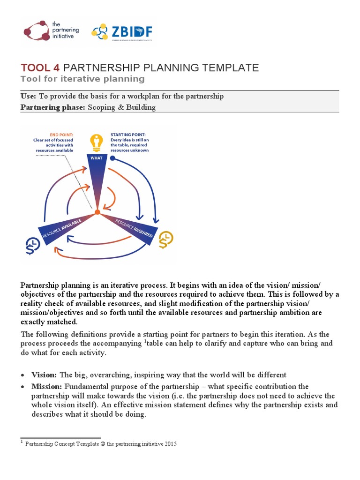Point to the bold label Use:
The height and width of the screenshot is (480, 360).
coord(28,96)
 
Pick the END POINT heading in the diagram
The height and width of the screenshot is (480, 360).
coord(57,134)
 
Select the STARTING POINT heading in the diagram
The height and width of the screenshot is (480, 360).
coord(127,134)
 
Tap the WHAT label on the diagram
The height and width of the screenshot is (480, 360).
coord(97,158)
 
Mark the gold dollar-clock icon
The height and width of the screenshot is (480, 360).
coord(165,240)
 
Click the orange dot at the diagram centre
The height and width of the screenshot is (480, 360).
coord(97,212)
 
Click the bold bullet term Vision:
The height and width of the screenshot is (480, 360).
coord(44,375)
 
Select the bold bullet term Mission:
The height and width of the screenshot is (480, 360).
coord(47,387)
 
